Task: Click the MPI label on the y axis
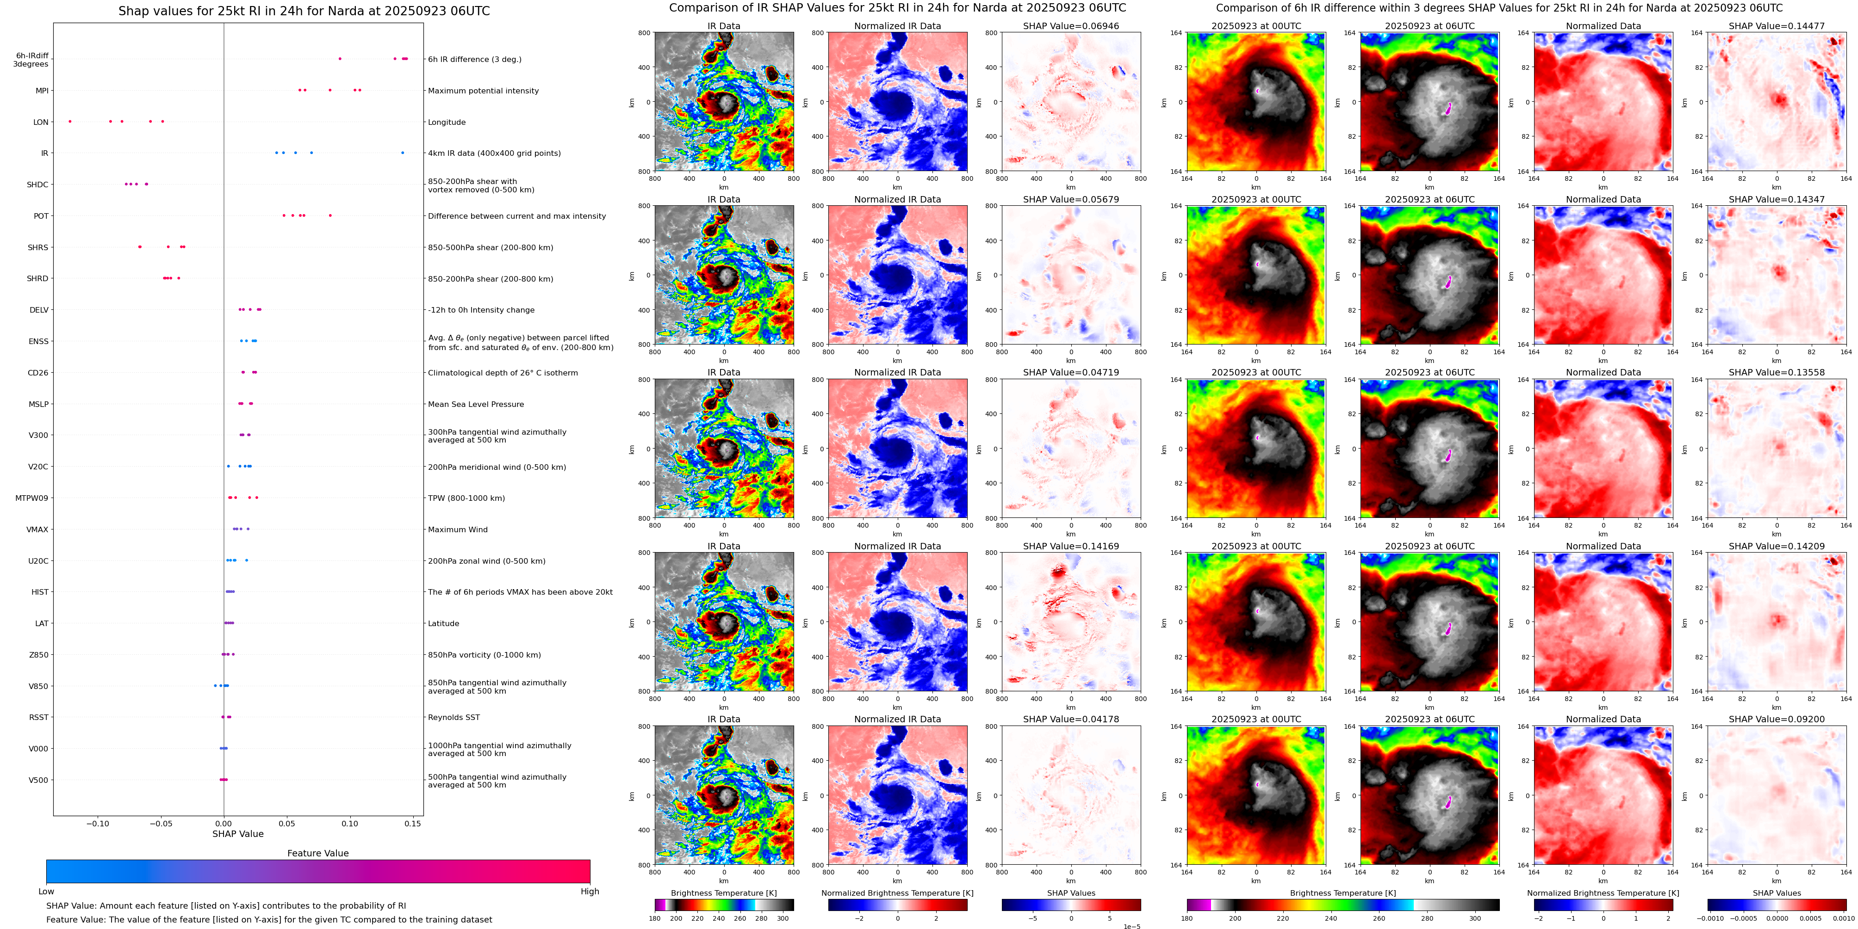[x=42, y=91]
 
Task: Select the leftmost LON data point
[x=70, y=121]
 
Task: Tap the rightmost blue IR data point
[x=403, y=153]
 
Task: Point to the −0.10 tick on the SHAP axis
[x=98, y=824]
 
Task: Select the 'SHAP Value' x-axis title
[x=237, y=834]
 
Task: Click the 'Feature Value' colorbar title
[x=317, y=853]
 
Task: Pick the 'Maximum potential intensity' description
[x=483, y=91]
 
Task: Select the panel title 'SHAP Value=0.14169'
[x=1070, y=546]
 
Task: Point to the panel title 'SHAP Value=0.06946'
[x=1070, y=26]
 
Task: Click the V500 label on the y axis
[x=38, y=780]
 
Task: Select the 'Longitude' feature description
[x=447, y=122]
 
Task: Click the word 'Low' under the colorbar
[x=46, y=892]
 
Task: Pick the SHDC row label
[x=37, y=185]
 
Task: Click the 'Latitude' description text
[x=444, y=623]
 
